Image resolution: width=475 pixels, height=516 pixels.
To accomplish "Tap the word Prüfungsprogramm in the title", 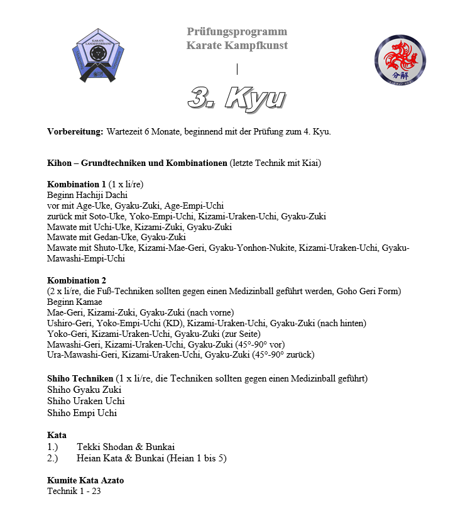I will (237, 31).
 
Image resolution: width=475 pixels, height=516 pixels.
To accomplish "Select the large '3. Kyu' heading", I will (237, 98).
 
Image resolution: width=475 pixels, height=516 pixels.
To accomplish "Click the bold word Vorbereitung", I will (75, 132).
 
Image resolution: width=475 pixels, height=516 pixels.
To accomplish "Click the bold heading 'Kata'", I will (57, 435).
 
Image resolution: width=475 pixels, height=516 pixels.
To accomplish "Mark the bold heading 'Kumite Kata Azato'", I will (85, 480).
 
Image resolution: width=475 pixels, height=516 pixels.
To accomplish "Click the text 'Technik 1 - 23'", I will (74, 491).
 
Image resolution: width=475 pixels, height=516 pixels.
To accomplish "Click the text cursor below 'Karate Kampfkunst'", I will (237, 69).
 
